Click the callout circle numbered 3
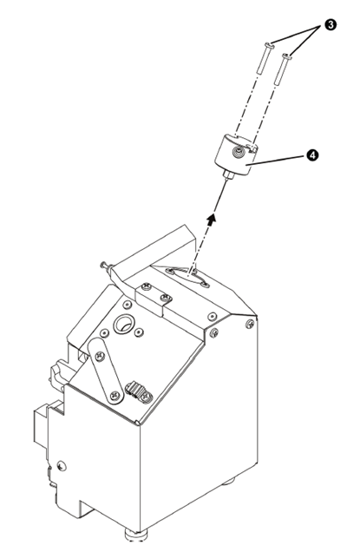tap(331, 24)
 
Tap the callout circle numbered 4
tap(312, 154)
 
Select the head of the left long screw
tap(269, 45)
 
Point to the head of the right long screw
tap(287, 56)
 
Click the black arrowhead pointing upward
tap(211, 218)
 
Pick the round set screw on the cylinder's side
tap(239, 153)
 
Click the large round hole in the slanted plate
tap(123, 324)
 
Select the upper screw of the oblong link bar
tap(100, 356)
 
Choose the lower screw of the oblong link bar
tap(115, 396)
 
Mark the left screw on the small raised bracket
tap(146, 286)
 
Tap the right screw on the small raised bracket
tap(165, 299)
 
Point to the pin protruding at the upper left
tap(106, 266)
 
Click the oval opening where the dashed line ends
tap(189, 275)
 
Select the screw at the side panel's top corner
tap(250, 324)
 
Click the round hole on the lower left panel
tap(62, 466)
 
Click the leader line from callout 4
tap(275, 160)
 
